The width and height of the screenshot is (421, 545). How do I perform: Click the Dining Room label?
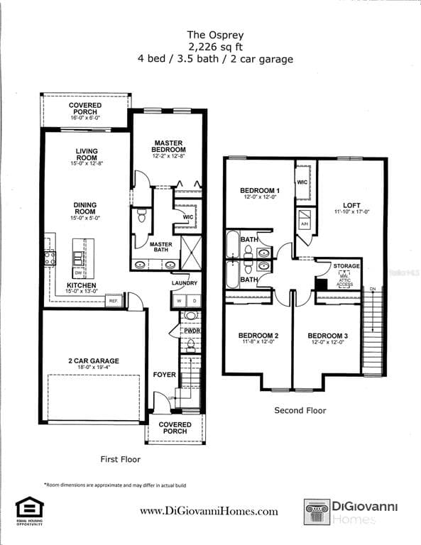tap(85, 209)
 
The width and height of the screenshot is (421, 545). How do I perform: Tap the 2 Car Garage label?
tap(94, 361)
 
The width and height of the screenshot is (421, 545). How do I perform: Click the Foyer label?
tap(164, 375)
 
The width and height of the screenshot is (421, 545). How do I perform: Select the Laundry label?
tap(184, 283)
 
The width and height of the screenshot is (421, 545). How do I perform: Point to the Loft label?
tap(351, 207)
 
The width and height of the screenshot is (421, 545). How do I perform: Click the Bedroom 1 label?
tap(260, 191)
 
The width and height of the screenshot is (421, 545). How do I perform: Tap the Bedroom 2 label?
tap(258, 336)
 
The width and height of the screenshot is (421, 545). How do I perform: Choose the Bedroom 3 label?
tap(327, 336)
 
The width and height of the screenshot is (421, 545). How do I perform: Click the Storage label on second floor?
tap(346, 266)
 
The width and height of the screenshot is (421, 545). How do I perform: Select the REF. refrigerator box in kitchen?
tap(113, 302)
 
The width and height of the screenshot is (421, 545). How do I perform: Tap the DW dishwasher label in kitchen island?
tap(79, 272)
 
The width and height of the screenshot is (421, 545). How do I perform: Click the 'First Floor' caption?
tap(120, 460)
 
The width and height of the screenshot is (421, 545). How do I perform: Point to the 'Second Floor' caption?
tap(300, 410)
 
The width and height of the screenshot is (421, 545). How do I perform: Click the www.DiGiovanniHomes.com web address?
tap(209, 511)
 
